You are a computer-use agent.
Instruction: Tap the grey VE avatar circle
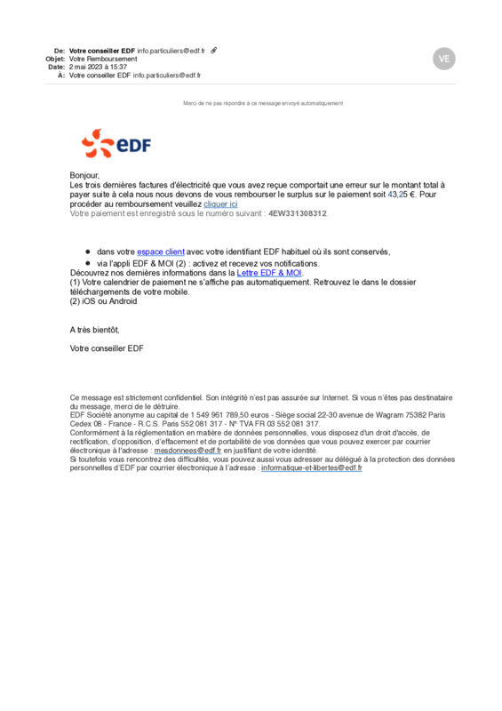click(x=444, y=59)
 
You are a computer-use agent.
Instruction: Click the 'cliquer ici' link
click(x=220, y=204)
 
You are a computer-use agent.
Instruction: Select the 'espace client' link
click(x=160, y=252)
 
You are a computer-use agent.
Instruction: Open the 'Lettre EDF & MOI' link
click(x=269, y=273)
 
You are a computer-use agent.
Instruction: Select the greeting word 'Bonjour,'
click(x=85, y=176)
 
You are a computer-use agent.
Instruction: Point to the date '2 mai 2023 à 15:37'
click(x=98, y=67)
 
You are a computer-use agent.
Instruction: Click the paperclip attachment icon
click(x=214, y=51)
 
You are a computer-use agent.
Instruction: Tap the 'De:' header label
click(x=60, y=51)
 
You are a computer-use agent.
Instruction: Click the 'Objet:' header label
click(x=55, y=59)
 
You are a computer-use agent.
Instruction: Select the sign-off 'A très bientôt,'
click(x=94, y=330)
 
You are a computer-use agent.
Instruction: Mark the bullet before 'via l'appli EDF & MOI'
click(x=88, y=264)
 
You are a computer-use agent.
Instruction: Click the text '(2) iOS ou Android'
click(x=103, y=300)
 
